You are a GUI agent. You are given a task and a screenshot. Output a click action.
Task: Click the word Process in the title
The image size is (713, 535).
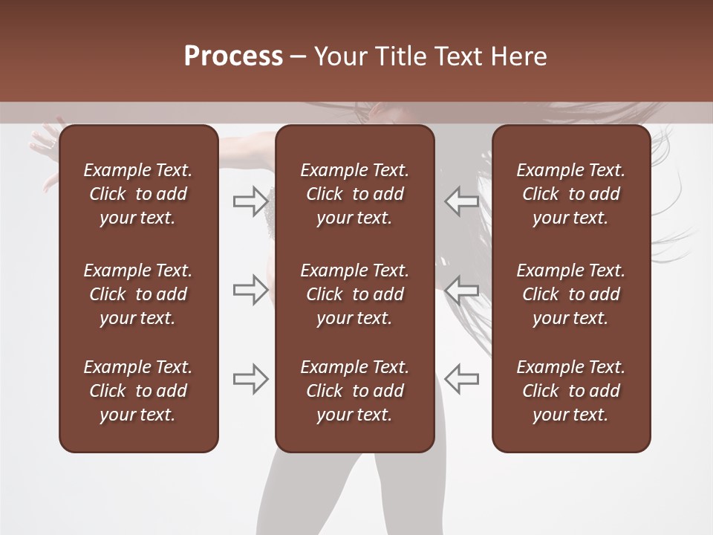pyautogui.click(x=233, y=56)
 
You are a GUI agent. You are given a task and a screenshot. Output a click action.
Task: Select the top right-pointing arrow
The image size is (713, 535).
pyautogui.click(x=250, y=201)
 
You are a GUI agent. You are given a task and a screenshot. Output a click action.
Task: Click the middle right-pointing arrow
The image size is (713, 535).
pyautogui.click(x=250, y=290)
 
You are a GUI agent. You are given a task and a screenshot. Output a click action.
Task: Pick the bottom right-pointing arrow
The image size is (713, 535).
pyautogui.click(x=250, y=379)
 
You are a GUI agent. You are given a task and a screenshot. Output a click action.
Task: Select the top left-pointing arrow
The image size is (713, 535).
pyautogui.click(x=461, y=201)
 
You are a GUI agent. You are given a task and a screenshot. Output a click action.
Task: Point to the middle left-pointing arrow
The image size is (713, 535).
pyautogui.click(x=461, y=290)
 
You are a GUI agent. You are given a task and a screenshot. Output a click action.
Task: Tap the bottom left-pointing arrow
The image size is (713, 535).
pyautogui.click(x=461, y=379)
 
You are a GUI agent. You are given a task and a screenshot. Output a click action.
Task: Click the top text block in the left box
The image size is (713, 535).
pyautogui.click(x=138, y=194)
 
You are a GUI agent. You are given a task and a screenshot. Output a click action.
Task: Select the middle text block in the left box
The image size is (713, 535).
pyautogui.click(x=138, y=294)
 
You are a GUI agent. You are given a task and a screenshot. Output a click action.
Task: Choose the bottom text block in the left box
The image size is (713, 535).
pyautogui.click(x=138, y=391)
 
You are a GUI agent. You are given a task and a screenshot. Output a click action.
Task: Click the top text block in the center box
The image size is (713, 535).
pyautogui.click(x=354, y=194)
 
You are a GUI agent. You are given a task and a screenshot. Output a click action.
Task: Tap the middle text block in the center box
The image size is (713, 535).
pyautogui.click(x=354, y=294)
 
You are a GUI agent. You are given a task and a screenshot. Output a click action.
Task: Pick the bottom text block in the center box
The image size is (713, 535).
pyautogui.click(x=354, y=391)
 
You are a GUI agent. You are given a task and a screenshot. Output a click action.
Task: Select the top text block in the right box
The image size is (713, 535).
pyautogui.click(x=570, y=194)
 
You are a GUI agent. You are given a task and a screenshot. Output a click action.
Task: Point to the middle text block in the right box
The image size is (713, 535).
pyautogui.click(x=570, y=294)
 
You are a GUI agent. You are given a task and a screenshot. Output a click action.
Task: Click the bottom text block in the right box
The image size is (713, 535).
pyautogui.click(x=570, y=391)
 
